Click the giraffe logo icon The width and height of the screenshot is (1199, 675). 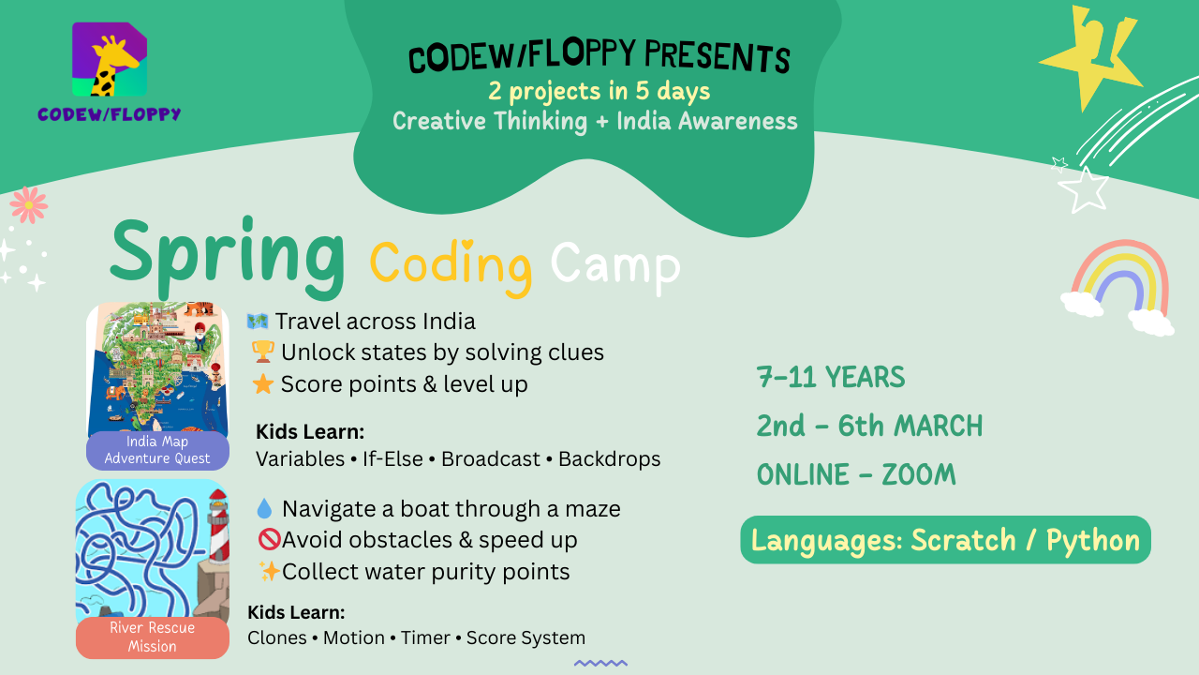(x=110, y=59)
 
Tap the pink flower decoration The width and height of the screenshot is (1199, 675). (x=29, y=204)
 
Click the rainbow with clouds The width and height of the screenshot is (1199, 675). (x=1118, y=288)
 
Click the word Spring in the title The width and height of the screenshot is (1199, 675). (x=228, y=257)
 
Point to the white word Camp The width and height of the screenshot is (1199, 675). (x=615, y=266)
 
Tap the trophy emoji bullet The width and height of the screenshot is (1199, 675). (x=263, y=352)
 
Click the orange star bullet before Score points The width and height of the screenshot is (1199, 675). (x=263, y=384)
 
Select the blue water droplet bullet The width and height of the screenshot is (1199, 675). (x=264, y=508)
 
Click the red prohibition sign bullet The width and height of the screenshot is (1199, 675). (x=269, y=539)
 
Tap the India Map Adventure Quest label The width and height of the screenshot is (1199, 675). (x=157, y=450)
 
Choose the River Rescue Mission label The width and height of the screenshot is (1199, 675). (x=153, y=637)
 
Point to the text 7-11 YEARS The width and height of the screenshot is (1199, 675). (x=831, y=377)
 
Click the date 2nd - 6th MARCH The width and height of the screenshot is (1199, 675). (x=870, y=426)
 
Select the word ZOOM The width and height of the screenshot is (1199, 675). (x=919, y=474)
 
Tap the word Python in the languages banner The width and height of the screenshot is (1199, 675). (x=1093, y=541)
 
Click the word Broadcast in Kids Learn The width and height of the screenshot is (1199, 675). (x=490, y=459)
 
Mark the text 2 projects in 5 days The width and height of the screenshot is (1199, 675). (x=599, y=91)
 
